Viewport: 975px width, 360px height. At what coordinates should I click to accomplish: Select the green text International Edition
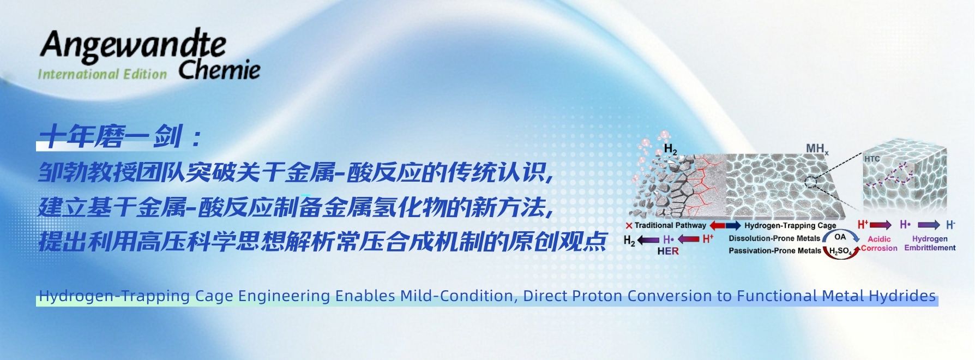coord(103,74)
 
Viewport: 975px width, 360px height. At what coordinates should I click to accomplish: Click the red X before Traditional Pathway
coord(629,225)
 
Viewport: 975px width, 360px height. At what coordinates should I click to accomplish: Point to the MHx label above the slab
coord(817,149)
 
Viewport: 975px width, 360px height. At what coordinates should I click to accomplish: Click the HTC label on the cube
coord(872,159)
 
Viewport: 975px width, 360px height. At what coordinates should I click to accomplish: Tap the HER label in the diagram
coord(668,251)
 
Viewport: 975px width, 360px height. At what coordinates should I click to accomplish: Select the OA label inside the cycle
coord(840,237)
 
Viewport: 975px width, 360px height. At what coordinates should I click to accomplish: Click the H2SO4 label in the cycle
coord(840,251)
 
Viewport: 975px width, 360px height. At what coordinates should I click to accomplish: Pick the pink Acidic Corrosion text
coord(879,243)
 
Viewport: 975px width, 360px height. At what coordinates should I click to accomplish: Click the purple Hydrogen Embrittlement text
coord(930,243)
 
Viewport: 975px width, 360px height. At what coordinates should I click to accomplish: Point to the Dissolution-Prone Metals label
coord(774,238)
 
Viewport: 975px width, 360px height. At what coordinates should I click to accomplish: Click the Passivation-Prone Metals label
coord(775,251)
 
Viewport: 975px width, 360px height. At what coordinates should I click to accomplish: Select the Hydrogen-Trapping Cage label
coord(790,225)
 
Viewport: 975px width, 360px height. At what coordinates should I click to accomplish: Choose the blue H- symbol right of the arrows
coord(950,225)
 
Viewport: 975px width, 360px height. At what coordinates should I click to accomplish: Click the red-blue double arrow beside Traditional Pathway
coord(725,225)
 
